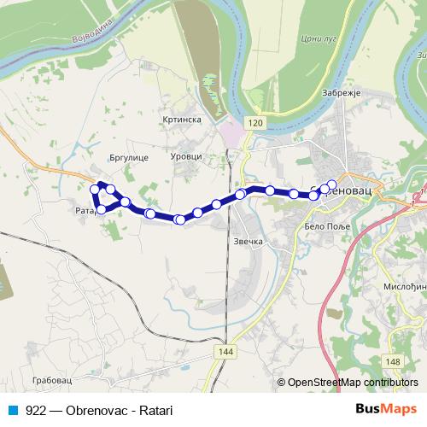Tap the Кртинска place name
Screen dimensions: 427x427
point(181,120)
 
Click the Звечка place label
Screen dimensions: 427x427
point(247,242)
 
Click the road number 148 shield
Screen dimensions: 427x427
point(392,362)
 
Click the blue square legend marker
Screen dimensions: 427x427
point(12,410)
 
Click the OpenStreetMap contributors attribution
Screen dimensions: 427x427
point(349,383)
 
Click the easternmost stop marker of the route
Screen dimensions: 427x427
point(332,184)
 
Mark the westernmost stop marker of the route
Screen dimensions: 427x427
point(95,190)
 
